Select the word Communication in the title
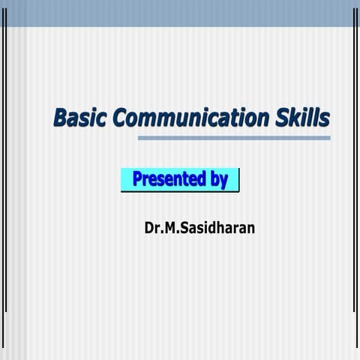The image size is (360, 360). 187,118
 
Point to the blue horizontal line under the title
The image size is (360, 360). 234,138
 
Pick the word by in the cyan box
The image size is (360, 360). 219,180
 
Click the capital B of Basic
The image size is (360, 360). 59,118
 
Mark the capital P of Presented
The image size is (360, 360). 138,179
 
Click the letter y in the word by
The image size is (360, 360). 223,181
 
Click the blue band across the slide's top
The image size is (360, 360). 180,13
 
